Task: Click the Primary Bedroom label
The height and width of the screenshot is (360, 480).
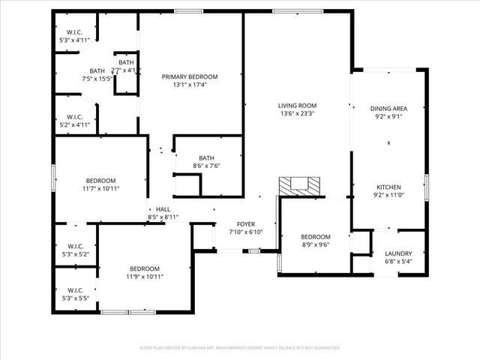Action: pyautogui.click(x=190, y=76)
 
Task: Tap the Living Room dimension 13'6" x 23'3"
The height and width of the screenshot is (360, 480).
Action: pyautogui.click(x=297, y=114)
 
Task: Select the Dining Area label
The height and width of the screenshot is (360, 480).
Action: pyautogui.click(x=388, y=109)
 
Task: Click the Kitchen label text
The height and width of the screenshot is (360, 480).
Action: pyautogui.click(x=388, y=187)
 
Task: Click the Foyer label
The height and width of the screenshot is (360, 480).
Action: pyautogui.click(x=246, y=224)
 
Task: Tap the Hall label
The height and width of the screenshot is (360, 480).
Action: pyautogui.click(x=163, y=210)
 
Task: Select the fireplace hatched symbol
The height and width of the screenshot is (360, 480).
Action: pyautogui.click(x=299, y=185)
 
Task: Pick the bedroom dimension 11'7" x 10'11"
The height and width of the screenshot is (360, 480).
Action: pyautogui.click(x=100, y=188)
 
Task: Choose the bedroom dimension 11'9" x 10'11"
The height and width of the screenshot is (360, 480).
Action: pyautogui.click(x=144, y=277)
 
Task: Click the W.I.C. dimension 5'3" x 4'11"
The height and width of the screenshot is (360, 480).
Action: pyautogui.click(x=74, y=40)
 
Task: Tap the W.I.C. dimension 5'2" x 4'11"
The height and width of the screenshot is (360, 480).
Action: pyautogui.click(x=74, y=125)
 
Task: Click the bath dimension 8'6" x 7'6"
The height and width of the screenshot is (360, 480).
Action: pyautogui.click(x=206, y=166)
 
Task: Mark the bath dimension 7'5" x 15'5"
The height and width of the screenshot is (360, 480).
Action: pyautogui.click(x=97, y=78)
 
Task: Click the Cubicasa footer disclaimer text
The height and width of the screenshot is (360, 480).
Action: pyautogui.click(x=240, y=348)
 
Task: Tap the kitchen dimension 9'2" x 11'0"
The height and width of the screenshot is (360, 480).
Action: pyautogui.click(x=388, y=195)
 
